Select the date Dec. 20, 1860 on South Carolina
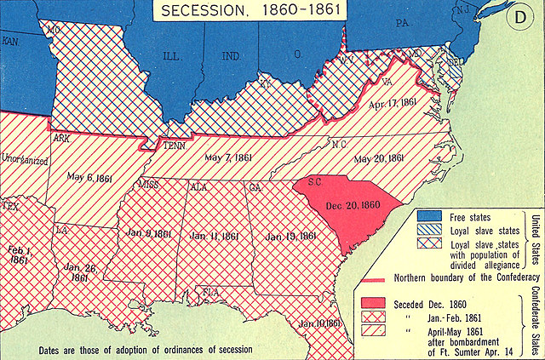tap(351, 204)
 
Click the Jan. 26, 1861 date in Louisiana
tap(81, 271)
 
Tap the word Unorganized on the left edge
tap(24, 157)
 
